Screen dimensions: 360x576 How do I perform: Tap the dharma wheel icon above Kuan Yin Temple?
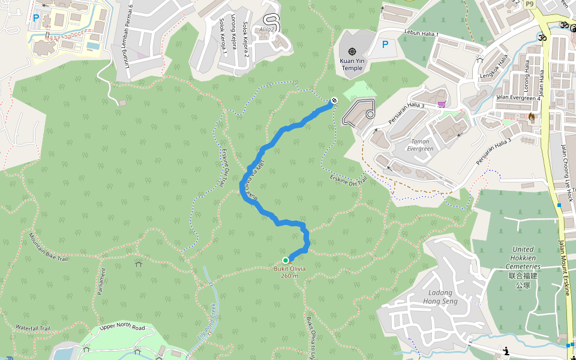[352, 51]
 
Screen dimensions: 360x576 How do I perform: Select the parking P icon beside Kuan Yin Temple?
[385, 44]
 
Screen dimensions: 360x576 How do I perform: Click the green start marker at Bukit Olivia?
[286, 260]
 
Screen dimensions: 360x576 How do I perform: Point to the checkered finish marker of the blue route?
[334, 100]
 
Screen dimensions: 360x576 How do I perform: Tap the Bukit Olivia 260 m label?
[289, 272]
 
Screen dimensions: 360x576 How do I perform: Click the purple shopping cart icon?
[442, 104]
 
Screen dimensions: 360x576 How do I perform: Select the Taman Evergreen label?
[420, 145]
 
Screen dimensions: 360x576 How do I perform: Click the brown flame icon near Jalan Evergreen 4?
[531, 116]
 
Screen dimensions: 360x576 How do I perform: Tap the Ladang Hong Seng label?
[440, 297]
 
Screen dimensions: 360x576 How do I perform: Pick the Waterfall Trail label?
[35, 328]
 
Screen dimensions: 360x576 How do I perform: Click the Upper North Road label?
[122, 327]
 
